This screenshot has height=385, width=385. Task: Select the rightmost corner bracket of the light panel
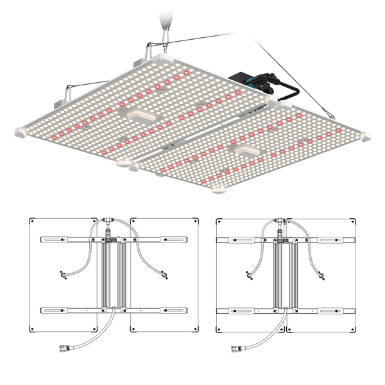(x=365, y=136)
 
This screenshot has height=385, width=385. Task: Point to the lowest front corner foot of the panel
(x=218, y=190)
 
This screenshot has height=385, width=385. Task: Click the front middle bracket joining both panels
(x=131, y=166)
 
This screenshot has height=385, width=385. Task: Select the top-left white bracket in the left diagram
(x=55, y=239)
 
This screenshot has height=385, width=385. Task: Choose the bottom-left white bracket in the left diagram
(x=55, y=310)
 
